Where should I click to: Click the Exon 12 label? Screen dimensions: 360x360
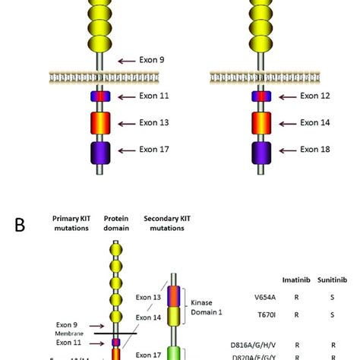click(x=318, y=96)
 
